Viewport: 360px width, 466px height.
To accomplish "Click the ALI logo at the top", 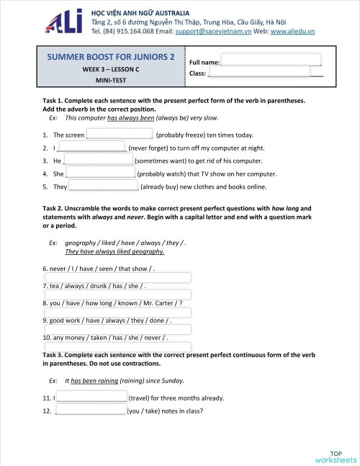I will point(66,23).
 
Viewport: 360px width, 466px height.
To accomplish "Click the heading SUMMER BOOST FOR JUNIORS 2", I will point(110,56).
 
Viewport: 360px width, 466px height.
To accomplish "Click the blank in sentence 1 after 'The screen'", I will point(119,135).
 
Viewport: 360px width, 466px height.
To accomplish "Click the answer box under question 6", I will point(118,278).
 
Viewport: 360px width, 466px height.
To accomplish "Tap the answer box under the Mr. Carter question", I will point(118,313).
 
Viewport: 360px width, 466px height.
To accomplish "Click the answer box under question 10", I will point(118,347).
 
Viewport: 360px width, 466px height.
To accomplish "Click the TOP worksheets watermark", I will point(336,456).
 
